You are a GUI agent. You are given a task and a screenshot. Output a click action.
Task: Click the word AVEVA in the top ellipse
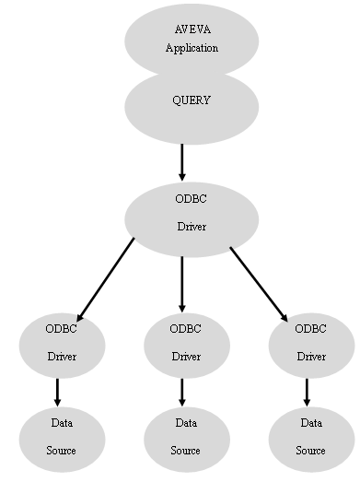click(192, 30)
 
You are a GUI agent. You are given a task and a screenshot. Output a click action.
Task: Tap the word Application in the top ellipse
click(192, 48)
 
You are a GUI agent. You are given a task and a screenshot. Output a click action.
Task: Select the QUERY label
click(192, 100)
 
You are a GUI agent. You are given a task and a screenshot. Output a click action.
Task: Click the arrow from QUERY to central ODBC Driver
click(182, 161)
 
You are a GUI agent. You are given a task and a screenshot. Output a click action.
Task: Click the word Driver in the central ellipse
click(192, 225)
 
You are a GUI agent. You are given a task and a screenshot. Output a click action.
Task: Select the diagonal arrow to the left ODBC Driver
click(106, 277)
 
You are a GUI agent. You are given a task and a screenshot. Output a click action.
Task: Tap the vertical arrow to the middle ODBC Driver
click(182, 282)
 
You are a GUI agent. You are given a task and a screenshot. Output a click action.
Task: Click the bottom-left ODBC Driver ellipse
click(62, 344)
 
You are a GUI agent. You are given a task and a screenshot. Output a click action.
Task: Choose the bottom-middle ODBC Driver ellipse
click(186, 344)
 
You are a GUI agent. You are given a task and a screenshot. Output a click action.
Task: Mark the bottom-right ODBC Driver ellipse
click(311, 344)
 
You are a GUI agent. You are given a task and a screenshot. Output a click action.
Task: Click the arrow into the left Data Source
click(57, 391)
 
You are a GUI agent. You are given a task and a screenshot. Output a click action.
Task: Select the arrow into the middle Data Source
click(182, 391)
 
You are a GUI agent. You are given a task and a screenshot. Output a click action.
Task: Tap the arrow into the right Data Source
click(307, 391)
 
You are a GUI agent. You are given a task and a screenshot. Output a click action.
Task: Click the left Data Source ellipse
click(62, 438)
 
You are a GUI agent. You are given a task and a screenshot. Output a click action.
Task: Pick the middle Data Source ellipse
click(186, 438)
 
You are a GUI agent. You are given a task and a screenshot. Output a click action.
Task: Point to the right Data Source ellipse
click(311, 438)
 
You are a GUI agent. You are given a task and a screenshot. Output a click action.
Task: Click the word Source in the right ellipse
click(310, 451)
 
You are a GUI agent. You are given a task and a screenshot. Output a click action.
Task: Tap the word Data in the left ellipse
click(61, 423)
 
